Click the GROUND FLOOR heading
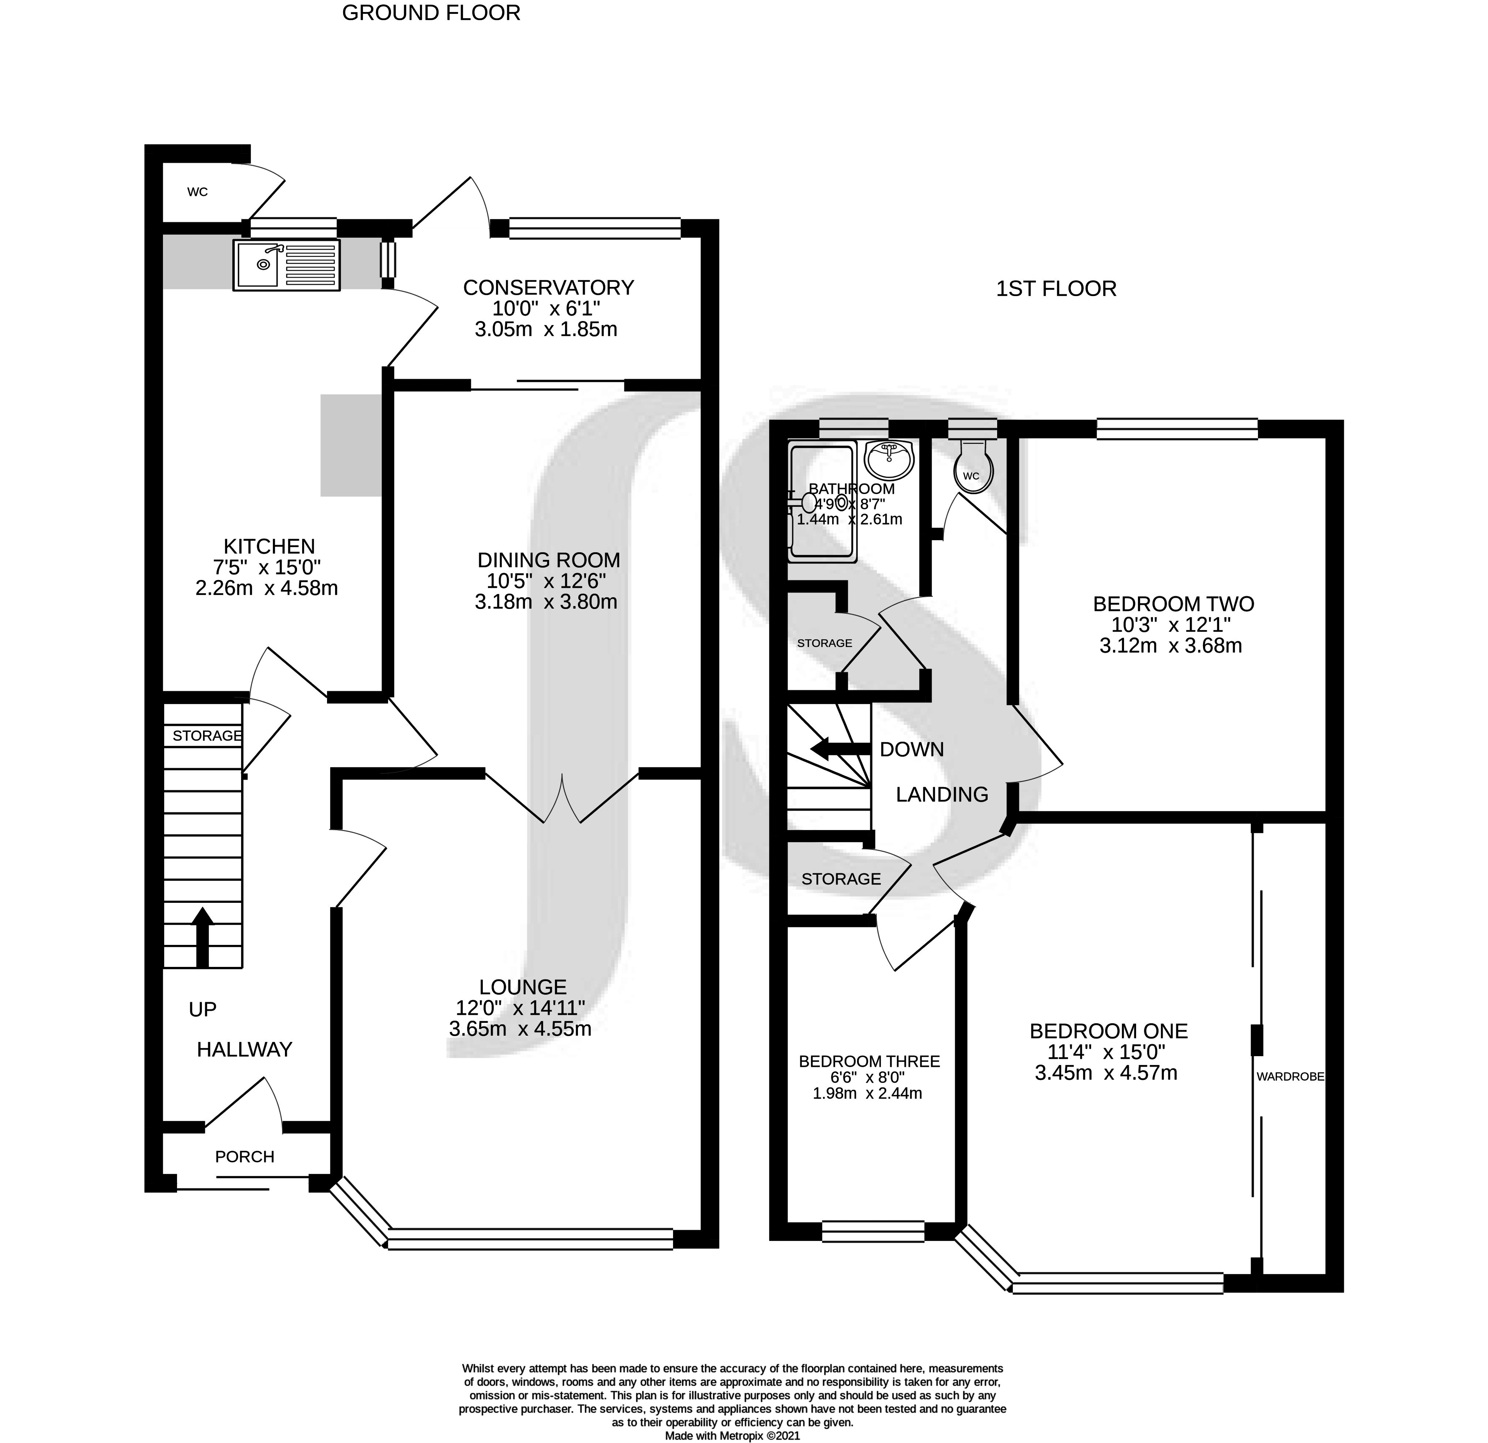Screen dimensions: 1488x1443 [x=431, y=13]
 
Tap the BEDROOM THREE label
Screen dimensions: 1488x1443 [x=869, y=1062]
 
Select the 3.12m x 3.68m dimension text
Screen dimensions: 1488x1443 [x=1171, y=646]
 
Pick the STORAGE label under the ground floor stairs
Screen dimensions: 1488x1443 [x=207, y=736]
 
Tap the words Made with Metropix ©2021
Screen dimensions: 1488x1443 [x=733, y=1436]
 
